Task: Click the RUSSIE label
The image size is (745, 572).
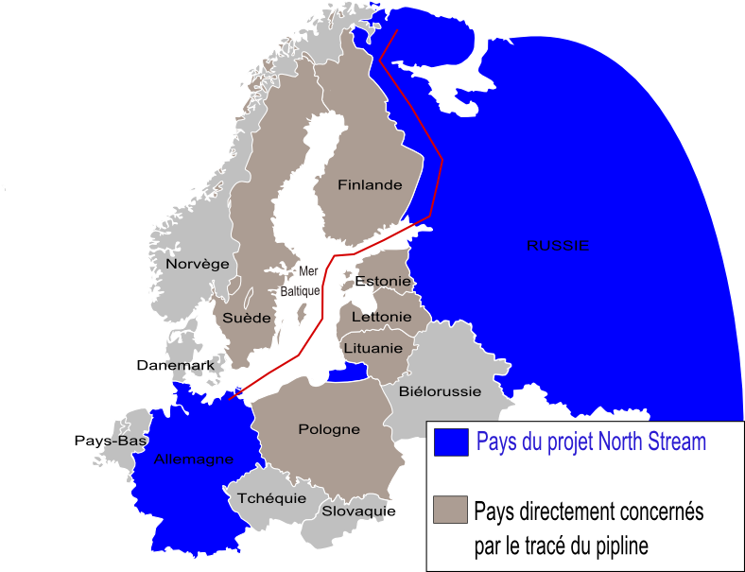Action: (557, 246)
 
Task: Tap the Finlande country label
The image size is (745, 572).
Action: (370, 185)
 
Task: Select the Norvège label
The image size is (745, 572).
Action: (198, 264)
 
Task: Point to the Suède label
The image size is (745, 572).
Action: (247, 319)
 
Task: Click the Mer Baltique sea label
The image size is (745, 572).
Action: (301, 282)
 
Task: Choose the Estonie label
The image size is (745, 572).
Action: (383, 282)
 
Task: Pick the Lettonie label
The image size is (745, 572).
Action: (381, 317)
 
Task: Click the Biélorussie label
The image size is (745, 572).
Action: (440, 390)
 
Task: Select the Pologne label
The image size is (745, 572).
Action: (329, 429)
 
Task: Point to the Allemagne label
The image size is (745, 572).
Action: (193, 459)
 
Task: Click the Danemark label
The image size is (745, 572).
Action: (175, 365)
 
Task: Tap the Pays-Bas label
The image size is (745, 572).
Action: (110, 442)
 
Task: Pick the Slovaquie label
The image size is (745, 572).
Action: (357, 511)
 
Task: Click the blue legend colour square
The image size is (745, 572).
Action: (450, 442)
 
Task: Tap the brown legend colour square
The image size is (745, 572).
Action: (450, 510)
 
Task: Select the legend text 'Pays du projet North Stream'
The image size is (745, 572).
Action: (591, 442)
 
